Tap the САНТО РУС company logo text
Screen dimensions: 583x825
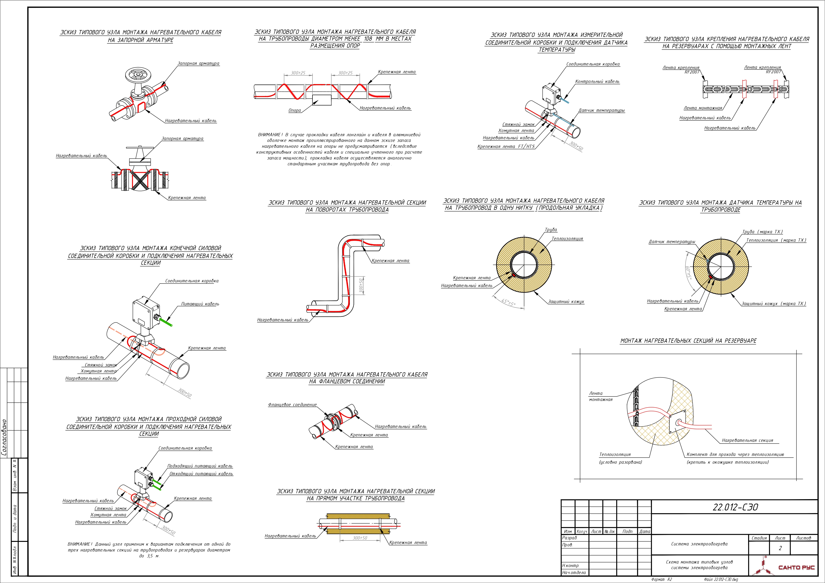796,567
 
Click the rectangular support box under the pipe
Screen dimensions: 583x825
322,100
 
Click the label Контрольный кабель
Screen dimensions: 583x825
597,82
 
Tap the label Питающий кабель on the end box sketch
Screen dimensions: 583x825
200,304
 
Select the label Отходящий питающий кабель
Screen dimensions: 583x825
201,474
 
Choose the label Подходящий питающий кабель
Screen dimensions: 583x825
200,466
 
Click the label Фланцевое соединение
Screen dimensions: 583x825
292,404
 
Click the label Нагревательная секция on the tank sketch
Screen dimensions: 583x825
747,440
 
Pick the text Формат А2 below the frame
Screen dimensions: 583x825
661,579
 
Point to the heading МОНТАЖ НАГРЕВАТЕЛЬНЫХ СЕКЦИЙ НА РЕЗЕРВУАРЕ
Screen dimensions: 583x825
688,341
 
